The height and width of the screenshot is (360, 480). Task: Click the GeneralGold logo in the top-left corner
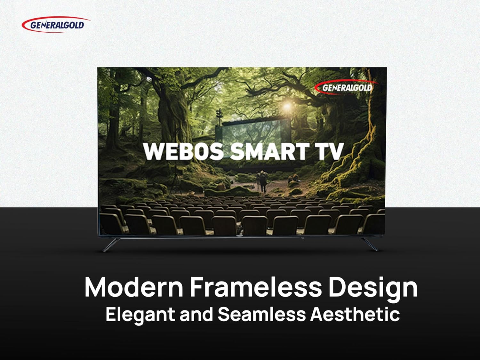tap(56, 25)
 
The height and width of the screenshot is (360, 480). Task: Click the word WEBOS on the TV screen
tap(183, 151)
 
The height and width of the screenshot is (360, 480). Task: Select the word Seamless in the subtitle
tap(261, 314)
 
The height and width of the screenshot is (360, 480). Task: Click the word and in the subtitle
tap(196, 314)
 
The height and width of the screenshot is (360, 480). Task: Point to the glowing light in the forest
tap(287, 107)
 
